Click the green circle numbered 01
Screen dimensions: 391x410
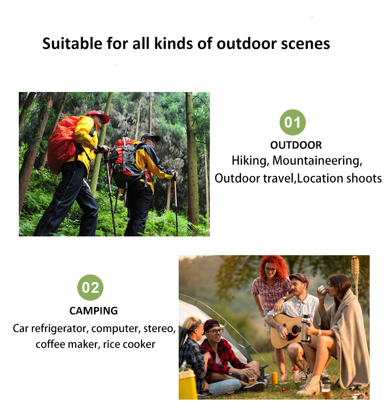(293, 122)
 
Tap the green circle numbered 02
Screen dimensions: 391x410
(90, 287)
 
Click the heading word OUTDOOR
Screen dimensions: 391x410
(296, 145)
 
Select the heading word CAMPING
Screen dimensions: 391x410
(94, 311)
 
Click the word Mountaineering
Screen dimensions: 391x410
(317, 161)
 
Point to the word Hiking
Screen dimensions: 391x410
(250, 161)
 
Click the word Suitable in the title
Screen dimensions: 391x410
(72, 43)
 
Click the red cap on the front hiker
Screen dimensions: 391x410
(98, 116)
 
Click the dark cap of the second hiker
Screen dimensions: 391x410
(151, 137)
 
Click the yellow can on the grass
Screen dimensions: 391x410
(275, 379)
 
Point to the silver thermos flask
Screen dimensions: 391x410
(306, 329)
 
